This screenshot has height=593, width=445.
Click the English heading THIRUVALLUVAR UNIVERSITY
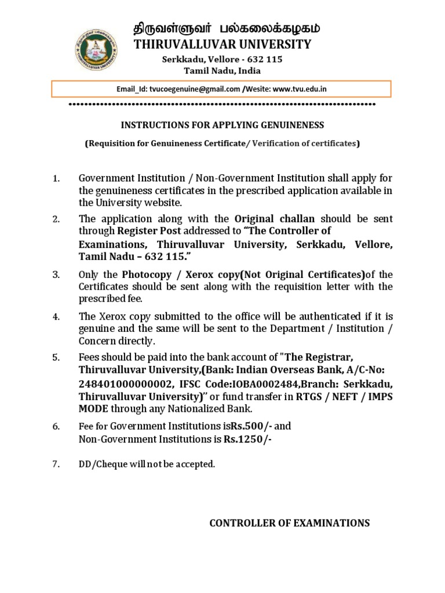click(x=222, y=45)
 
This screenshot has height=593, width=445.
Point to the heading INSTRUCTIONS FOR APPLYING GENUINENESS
click(x=222, y=125)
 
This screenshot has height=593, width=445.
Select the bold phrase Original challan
click(x=275, y=219)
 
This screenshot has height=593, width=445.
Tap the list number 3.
click(x=56, y=274)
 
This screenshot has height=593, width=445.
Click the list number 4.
click(x=56, y=317)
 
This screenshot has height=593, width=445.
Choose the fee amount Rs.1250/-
click(x=247, y=439)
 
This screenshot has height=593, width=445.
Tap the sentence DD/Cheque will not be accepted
click(x=147, y=464)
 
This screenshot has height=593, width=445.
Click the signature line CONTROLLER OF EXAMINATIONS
click(x=289, y=523)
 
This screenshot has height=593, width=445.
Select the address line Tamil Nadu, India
click(x=222, y=71)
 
